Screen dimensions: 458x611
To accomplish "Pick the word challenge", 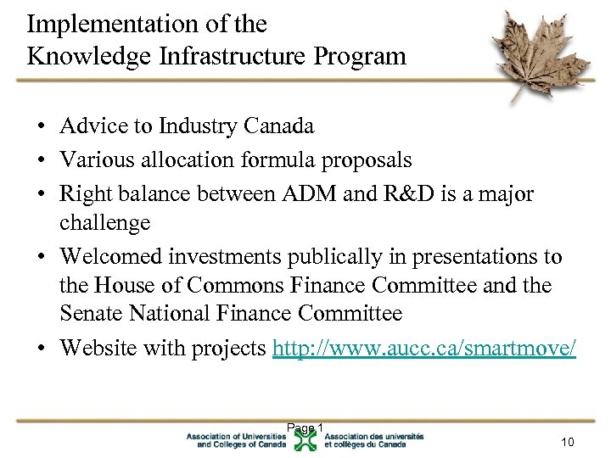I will click(x=104, y=223).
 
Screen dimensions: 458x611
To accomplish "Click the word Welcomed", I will click(x=109, y=257).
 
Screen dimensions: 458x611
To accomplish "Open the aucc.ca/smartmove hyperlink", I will click(x=423, y=349).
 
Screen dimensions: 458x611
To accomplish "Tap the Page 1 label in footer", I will click(x=305, y=427).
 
